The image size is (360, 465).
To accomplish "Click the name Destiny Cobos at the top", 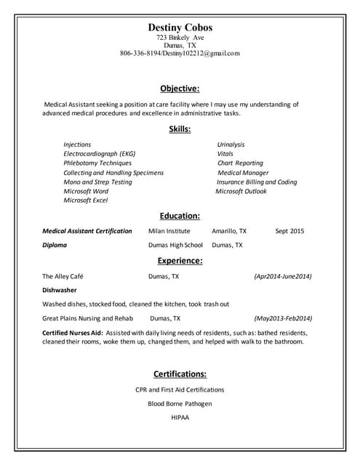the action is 180,27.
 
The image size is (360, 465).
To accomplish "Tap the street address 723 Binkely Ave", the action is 180,37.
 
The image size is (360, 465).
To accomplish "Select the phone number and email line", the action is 180,53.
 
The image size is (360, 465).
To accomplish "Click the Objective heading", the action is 180,89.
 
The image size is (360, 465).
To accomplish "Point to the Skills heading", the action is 180,129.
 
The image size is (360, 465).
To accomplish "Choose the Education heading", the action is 180,216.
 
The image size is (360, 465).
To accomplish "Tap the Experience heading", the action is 180,261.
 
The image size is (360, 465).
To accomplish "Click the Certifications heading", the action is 180,374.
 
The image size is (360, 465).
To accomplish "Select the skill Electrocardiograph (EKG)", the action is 100,154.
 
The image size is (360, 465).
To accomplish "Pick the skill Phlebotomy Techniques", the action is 97,163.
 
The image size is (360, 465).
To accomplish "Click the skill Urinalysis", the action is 231,145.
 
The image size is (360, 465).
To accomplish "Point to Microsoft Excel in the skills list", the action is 86,201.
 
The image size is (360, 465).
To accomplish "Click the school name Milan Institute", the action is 169,231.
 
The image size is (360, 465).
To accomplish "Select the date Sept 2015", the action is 289,231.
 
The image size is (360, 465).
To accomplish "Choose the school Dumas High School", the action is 175,246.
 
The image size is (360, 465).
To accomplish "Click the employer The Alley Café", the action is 65,277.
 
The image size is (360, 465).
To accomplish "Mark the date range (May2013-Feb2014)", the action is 283,318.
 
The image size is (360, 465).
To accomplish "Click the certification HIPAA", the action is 180,418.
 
